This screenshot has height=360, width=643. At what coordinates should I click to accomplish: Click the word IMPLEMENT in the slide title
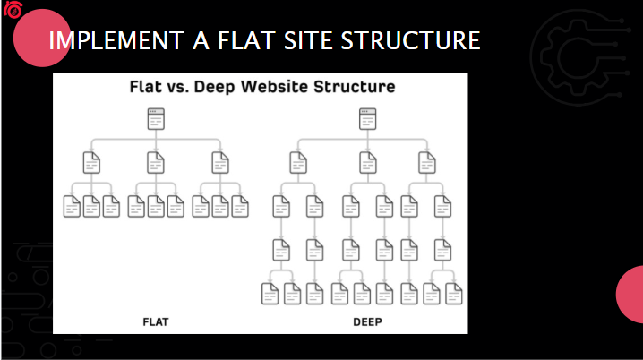click(x=116, y=40)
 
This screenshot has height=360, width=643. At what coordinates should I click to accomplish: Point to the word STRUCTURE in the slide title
click(x=410, y=40)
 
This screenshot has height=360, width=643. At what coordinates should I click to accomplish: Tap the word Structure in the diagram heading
click(x=355, y=87)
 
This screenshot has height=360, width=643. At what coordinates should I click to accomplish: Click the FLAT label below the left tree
click(x=156, y=321)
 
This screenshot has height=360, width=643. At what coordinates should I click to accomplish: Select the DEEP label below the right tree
click(x=367, y=321)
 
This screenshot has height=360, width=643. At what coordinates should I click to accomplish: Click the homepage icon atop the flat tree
click(x=156, y=119)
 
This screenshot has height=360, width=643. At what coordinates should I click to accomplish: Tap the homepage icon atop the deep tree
click(x=367, y=119)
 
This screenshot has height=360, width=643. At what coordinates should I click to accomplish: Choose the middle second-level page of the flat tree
click(x=156, y=163)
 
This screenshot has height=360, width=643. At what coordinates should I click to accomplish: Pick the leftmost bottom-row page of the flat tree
click(x=72, y=206)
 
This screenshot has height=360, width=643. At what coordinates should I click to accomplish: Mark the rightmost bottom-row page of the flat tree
click(x=240, y=206)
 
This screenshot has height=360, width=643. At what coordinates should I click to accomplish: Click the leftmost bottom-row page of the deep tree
click(x=270, y=294)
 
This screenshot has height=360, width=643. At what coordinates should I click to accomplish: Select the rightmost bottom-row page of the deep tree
click(x=453, y=294)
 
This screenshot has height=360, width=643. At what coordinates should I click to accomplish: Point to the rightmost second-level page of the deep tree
click(x=427, y=163)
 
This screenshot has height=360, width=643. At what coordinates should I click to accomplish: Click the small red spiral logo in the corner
click(x=13, y=10)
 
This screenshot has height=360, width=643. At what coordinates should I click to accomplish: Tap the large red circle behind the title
click(x=42, y=38)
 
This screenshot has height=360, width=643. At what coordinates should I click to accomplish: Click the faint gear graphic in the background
click(x=579, y=57)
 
